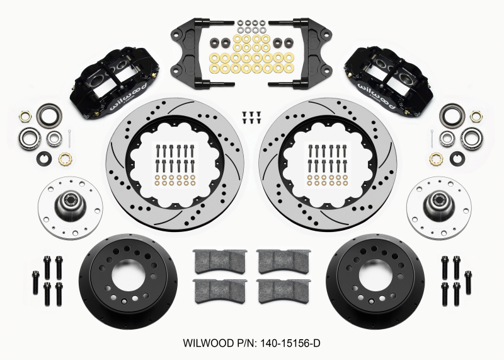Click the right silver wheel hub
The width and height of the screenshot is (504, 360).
(x=435, y=202)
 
